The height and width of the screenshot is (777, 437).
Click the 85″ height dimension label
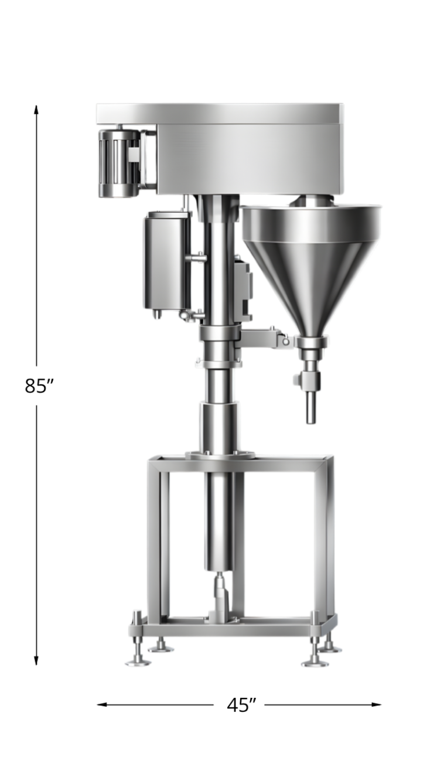click(39, 386)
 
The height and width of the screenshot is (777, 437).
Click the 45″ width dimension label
click(242, 705)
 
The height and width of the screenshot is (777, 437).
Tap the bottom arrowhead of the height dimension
click(36, 660)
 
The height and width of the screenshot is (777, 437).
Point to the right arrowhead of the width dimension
click(376, 704)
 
